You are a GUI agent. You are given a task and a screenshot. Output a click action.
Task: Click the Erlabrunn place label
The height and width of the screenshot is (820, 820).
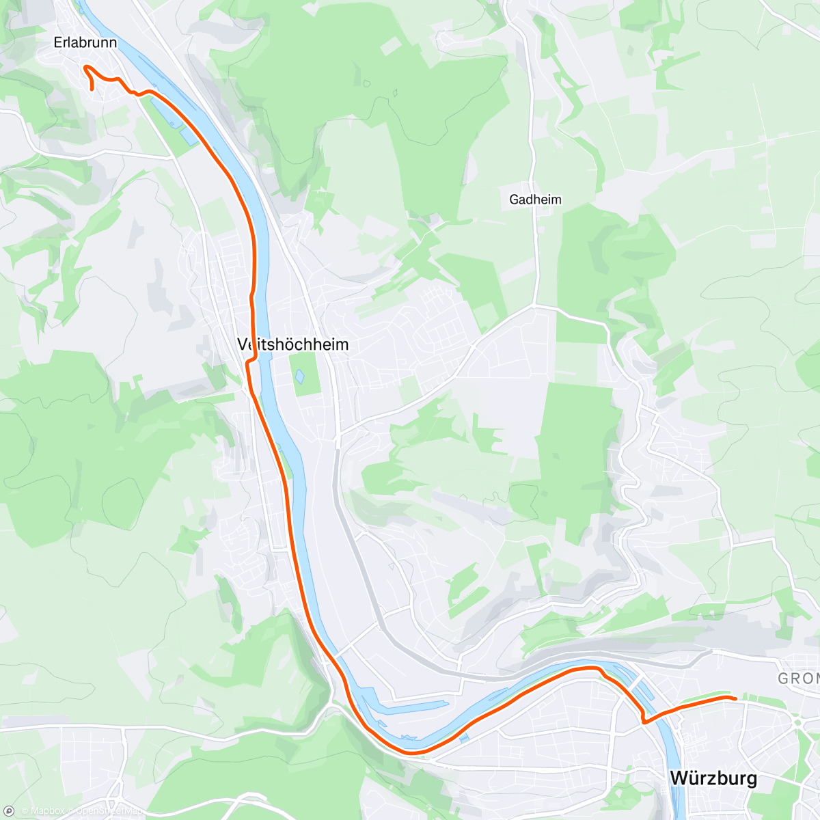(85, 42)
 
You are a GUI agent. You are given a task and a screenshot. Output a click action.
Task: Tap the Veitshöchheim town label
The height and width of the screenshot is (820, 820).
(293, 344)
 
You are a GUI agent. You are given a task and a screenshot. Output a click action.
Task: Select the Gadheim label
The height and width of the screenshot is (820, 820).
(535, 200)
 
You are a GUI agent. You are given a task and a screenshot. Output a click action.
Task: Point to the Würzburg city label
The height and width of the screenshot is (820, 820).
(713, 778)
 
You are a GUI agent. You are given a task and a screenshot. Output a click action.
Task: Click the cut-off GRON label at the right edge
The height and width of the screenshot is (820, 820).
(798, 679)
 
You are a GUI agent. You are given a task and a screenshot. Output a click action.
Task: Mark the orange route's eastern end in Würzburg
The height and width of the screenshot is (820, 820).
(735, 698)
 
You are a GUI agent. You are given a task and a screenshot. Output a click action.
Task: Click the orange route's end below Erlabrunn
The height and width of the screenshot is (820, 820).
(92, 88)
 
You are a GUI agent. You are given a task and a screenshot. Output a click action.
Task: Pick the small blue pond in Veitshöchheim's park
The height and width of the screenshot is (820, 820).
(299, 376)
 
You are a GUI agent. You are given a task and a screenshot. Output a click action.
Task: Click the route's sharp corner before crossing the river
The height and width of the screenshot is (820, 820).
(644, 720)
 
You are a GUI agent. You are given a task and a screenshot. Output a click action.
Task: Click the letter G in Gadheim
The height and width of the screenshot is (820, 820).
(514, 200)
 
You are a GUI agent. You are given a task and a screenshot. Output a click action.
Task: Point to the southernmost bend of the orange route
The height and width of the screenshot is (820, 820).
(413, 753)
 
